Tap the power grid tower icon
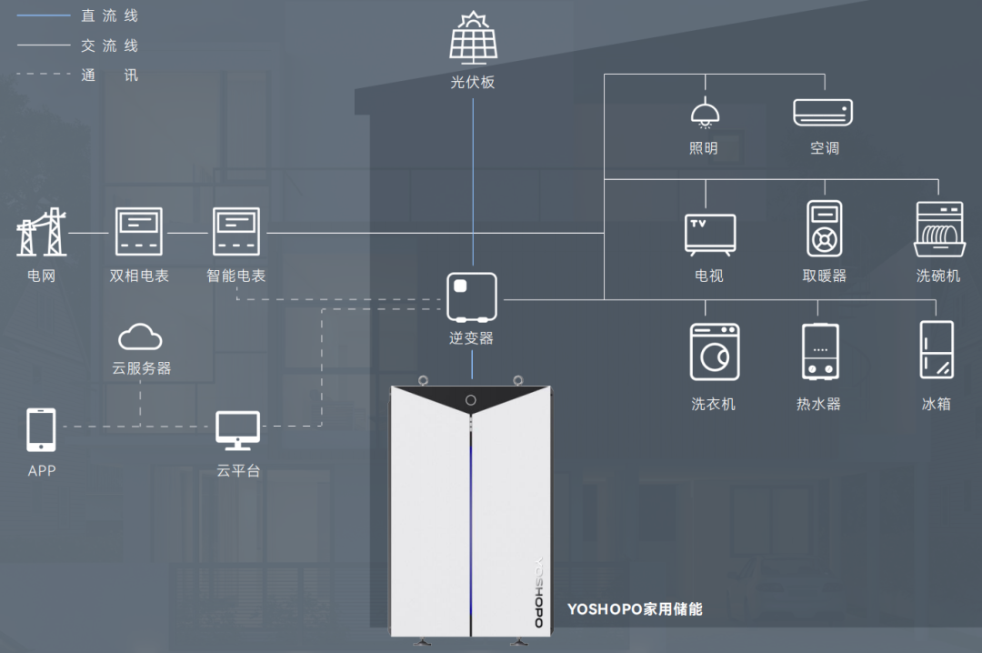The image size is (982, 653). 42,232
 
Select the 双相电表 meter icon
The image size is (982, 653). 139,232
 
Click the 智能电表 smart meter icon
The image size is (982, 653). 236,232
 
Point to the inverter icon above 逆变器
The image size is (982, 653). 471,297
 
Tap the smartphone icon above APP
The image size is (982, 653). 41,430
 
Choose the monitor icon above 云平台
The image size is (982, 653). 238,430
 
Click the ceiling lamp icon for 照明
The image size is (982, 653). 704,115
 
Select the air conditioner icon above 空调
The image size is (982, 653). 823,112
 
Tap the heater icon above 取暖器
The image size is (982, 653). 824,228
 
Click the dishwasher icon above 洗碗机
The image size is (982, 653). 939,229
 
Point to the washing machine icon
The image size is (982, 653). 714,352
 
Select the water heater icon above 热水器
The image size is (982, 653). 819,351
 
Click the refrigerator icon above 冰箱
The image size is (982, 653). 937,350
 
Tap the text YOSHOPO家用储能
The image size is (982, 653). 635,608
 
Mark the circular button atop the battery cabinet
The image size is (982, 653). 471,400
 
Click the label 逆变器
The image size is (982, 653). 471,338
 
